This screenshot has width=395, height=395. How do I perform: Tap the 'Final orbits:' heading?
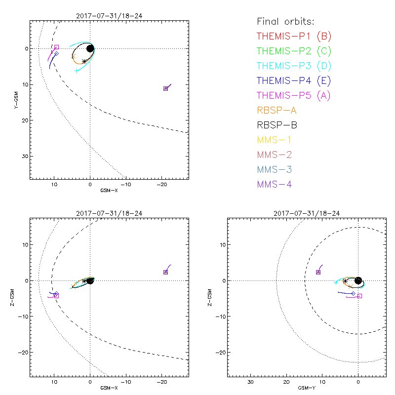point(286,22)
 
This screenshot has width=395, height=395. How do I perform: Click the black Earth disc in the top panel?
point(90,48)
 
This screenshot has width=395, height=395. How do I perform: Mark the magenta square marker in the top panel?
point(56,47)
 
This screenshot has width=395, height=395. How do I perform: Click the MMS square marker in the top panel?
point(165,88)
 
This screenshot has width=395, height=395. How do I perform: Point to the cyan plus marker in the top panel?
point(77,71)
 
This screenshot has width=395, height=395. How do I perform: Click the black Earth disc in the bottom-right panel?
point(358,280)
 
